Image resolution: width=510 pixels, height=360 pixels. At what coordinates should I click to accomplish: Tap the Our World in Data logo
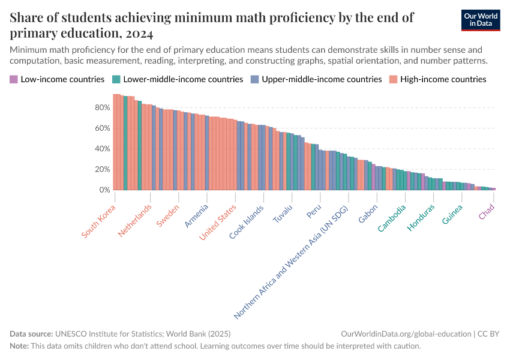(x=480, y=20)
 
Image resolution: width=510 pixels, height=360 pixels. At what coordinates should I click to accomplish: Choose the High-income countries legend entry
(x=437, y=79)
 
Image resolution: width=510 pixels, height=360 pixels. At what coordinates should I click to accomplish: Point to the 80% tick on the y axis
(x=103, y=107)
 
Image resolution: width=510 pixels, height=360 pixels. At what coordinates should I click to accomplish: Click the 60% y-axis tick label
(x=103, y=128)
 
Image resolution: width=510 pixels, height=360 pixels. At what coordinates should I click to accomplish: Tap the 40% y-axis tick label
(x=103, y=149)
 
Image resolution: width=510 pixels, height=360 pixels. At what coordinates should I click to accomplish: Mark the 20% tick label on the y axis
(x=103, y=169)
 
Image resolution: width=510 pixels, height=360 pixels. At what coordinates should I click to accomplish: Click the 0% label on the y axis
(x=105, y=190)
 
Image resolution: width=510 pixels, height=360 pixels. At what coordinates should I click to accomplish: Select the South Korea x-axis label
(x=99, y=223)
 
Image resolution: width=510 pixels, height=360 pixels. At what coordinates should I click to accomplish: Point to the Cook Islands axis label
(x=247, y=223)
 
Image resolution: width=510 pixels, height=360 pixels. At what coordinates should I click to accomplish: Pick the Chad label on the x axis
(x=487, y=212)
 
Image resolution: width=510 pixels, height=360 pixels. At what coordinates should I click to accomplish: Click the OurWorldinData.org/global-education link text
(x=406, y=334)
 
